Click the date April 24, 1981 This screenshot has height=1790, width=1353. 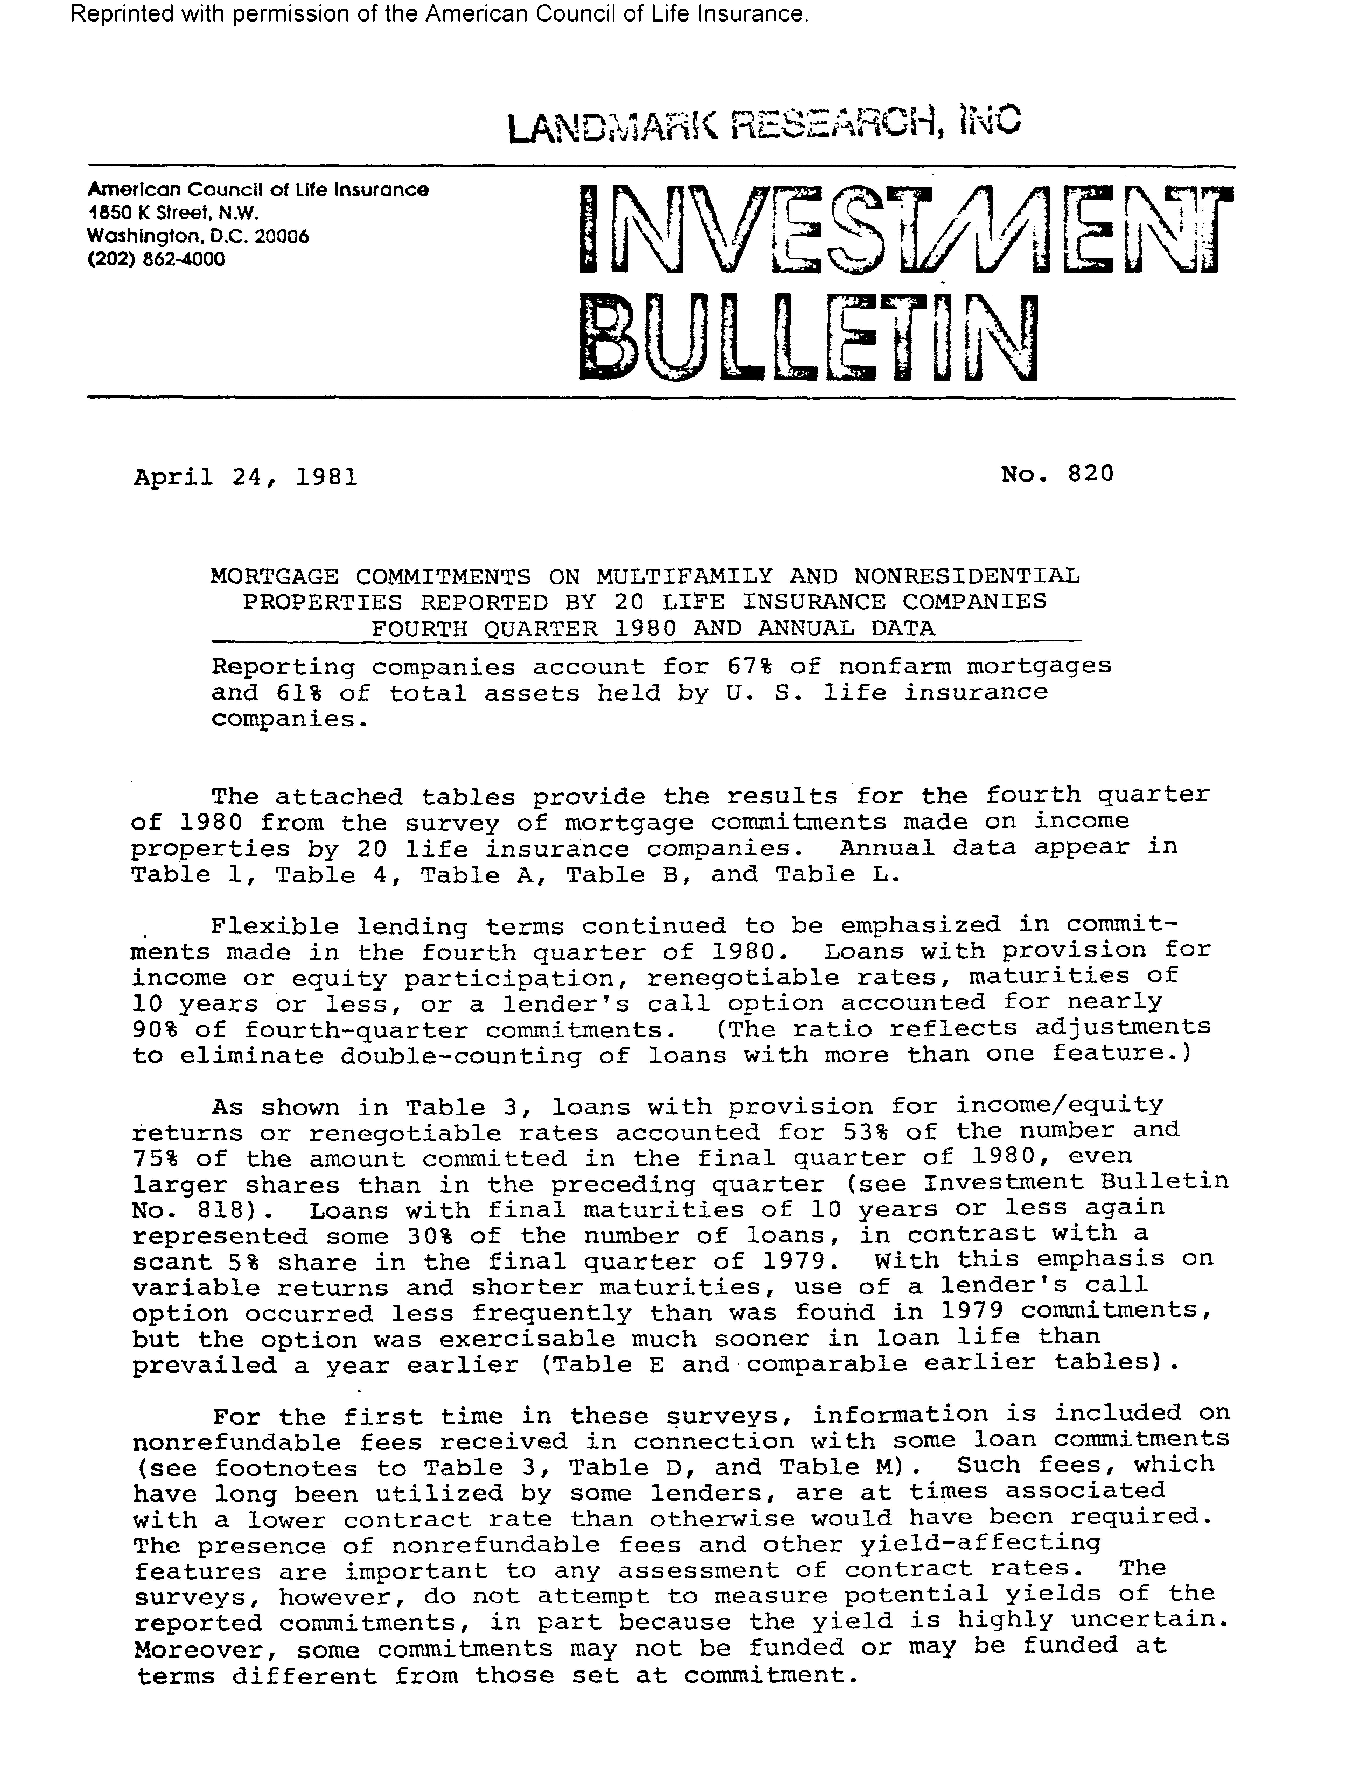[x=245, y=477]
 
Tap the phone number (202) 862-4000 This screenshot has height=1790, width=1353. [x=156, y=260]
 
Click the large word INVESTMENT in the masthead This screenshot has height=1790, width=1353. [x=905, y=229]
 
